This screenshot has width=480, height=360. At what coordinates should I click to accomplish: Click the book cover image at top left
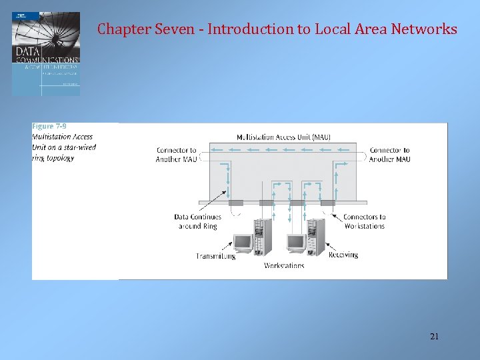(x=46, y=53)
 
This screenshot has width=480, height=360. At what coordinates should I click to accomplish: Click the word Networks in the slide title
(x=424, y=29)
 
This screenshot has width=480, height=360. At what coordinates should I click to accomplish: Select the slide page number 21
(x=434, y=337)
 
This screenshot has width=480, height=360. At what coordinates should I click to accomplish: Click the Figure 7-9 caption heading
(x=49, y=127)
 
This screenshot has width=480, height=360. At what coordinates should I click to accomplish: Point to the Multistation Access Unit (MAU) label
(x=283, y=137)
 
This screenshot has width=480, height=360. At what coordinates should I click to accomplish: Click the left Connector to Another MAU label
(x=176, y=155)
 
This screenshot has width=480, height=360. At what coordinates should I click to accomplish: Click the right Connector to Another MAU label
(x=389, y=155)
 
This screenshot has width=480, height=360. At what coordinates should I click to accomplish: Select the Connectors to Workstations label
(x=364, y=221)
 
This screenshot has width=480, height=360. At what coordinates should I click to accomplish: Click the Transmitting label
(x=216, y=255)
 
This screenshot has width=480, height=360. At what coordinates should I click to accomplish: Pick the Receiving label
(x=343, y=255)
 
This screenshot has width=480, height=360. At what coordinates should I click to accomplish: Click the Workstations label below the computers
(x=284, y=265)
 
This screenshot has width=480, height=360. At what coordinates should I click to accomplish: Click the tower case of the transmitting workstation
(x=263, y=236)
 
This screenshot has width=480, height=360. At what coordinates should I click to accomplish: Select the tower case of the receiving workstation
(x=315, y=236)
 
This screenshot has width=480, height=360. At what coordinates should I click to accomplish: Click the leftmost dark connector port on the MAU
(x=236, y=203)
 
